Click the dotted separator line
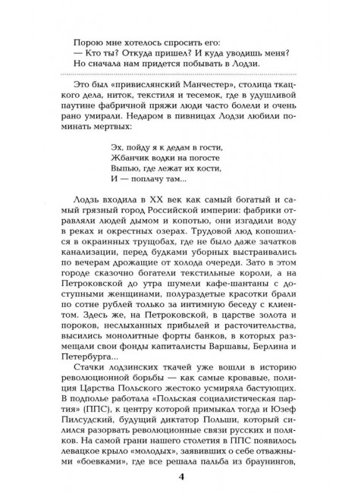tap(181, 71)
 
